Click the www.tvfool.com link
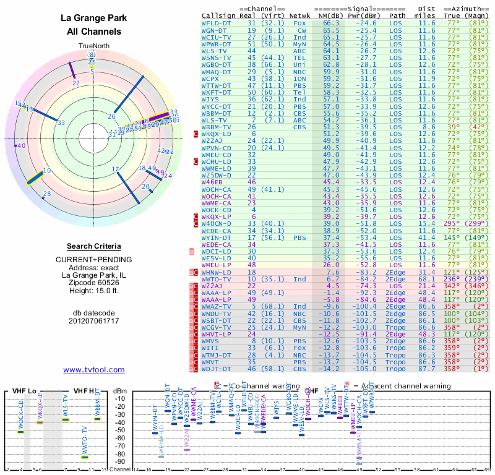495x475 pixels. click(93, 370)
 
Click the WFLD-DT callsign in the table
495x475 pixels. click(216, 22)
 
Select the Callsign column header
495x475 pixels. click(218, 15)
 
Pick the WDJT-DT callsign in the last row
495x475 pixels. click(216, 369)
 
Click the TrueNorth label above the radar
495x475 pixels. click(93, 46)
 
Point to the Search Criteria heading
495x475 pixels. click(93, 246)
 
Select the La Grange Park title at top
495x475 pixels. click(93, 18)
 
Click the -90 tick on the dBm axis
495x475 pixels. click(120, 462)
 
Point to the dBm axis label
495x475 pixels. click(120, 390)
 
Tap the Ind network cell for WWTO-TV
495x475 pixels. click(299, 279)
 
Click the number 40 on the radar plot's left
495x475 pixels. click(22, 145)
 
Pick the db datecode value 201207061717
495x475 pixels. click(93, 321)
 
